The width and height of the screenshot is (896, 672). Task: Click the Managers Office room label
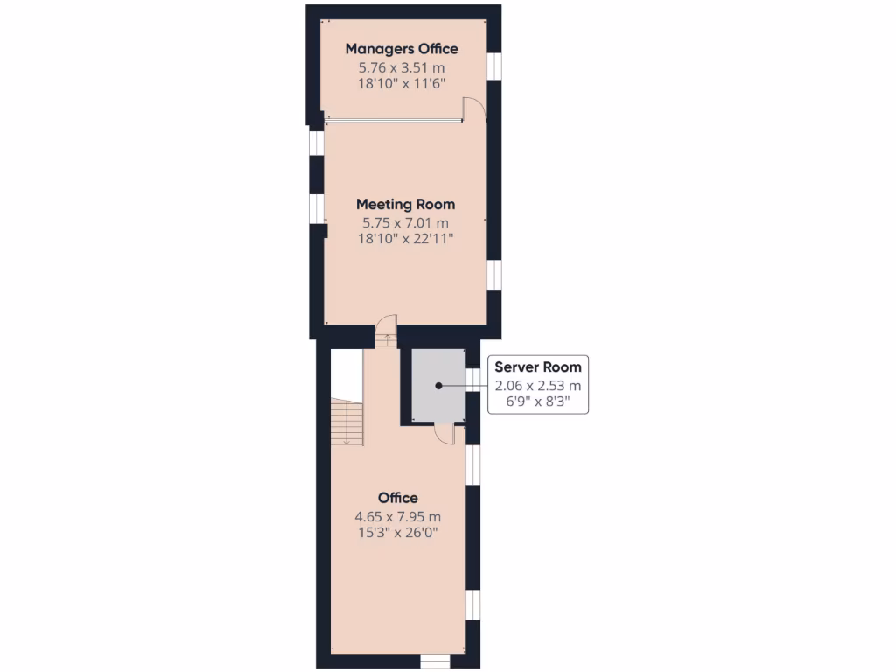[402, 49]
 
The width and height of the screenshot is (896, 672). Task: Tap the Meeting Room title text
[405, 204]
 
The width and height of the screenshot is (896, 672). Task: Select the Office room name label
[397, 498]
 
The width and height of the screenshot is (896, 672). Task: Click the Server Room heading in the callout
[537, 367]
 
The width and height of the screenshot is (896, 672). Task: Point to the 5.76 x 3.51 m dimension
[402, 66]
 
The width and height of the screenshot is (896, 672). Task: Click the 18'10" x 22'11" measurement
[405, 238]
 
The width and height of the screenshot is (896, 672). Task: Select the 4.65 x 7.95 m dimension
[397, 515]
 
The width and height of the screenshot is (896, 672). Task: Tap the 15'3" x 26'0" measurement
[397, 531]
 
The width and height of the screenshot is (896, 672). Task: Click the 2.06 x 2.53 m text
[537, 385]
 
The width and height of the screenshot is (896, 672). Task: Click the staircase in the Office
[347, 422]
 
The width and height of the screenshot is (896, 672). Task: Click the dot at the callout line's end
[439, 385]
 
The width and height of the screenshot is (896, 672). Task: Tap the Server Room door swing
[444, 433]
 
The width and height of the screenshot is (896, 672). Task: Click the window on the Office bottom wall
[433, 661]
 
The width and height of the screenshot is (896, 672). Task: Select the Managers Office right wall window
[494, 66]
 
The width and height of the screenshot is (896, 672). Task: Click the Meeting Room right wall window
[494, 275]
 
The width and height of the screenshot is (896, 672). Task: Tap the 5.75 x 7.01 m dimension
[405, 222]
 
